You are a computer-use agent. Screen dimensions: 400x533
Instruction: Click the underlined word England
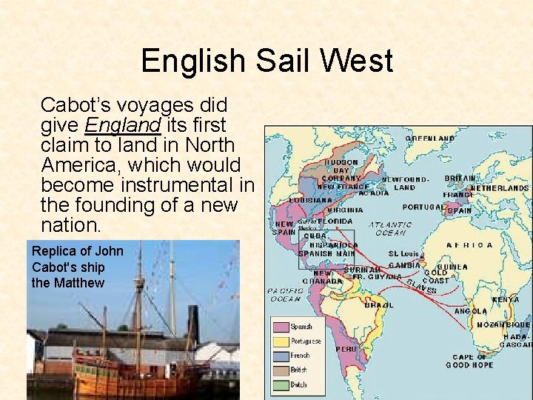(124, 124)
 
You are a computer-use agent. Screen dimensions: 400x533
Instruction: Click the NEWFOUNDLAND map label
(405, 183)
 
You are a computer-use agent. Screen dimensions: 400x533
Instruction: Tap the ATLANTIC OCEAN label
(390, 228)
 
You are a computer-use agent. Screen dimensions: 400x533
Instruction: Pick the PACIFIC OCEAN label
(284, 295)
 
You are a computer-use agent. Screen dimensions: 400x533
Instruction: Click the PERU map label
(346, 348)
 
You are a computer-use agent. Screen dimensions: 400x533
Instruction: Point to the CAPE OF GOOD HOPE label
(470, 361)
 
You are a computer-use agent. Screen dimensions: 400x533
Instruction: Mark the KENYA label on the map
(506, 300)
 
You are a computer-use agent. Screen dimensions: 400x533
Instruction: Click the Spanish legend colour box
(281, 327)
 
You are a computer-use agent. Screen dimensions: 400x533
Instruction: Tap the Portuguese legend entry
(306, 341)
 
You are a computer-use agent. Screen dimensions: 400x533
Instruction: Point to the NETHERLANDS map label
(500, 188)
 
